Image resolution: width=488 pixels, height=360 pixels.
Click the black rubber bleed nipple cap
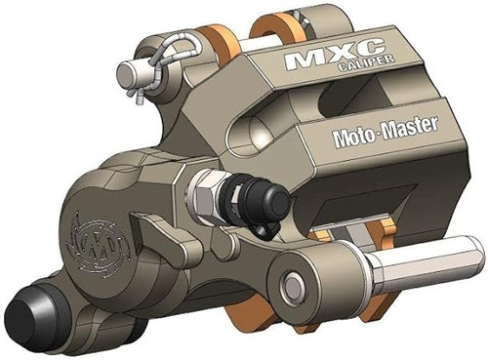pyautogui.click(x=263, y=199)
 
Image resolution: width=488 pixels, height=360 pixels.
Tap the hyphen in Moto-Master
pyautogui.click(x=375, y=129)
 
